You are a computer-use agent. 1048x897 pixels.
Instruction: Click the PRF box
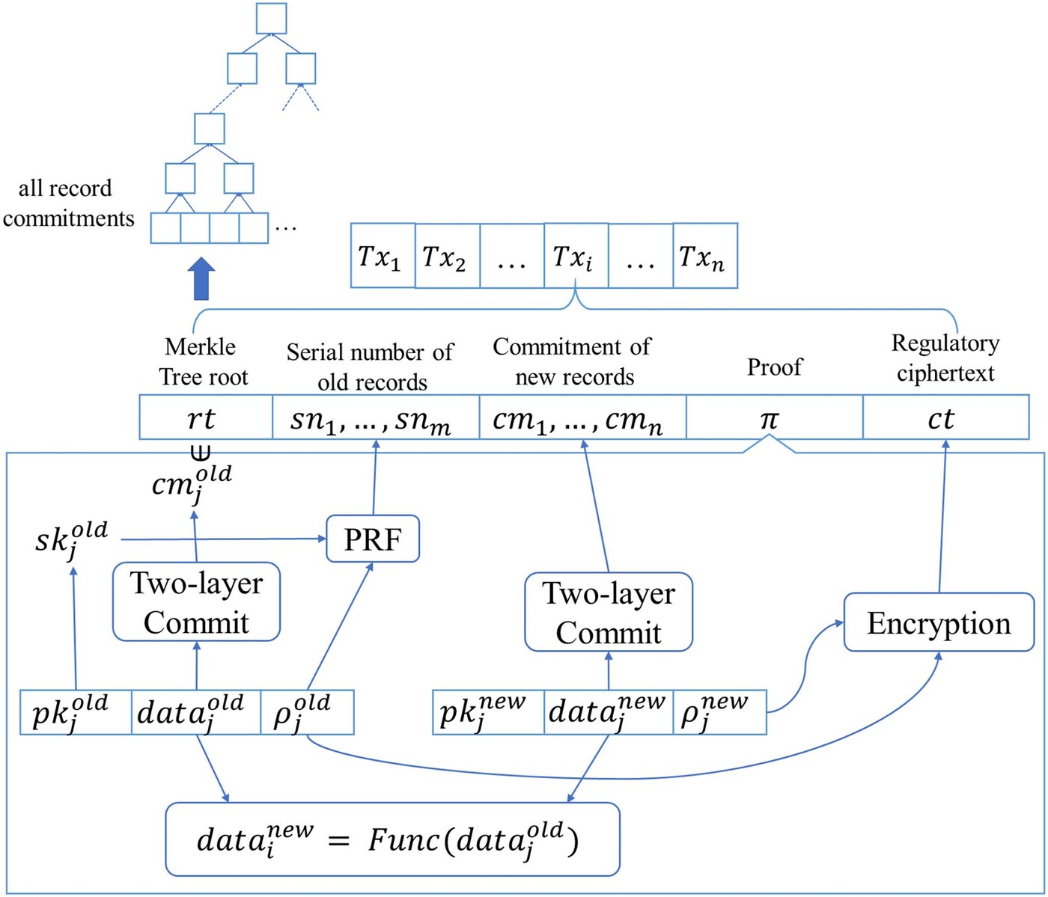373,539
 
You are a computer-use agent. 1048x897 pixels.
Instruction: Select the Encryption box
939,622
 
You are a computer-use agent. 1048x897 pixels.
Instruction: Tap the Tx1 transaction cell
383,256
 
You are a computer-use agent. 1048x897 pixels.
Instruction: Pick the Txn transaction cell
704,256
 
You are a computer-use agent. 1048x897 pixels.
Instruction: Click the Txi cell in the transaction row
575,256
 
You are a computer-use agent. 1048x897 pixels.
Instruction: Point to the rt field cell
205,418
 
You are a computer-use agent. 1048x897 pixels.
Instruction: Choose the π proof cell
773,418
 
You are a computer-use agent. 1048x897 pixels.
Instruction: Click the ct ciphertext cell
945,418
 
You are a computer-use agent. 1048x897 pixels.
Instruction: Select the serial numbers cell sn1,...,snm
375,418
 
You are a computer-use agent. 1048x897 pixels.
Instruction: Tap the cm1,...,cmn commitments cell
582,418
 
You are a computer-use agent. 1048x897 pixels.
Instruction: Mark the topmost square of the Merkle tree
271,19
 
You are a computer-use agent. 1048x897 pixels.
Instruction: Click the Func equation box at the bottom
392,839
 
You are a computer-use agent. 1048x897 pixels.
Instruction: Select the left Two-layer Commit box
196,602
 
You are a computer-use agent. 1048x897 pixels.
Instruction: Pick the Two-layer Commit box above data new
608,612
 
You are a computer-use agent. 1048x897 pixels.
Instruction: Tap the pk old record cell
75,712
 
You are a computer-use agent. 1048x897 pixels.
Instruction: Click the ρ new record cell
719,712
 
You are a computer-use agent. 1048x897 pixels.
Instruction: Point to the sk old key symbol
72,538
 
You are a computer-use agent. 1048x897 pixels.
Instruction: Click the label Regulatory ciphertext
945,358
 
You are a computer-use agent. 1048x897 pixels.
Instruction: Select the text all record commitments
67,203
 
